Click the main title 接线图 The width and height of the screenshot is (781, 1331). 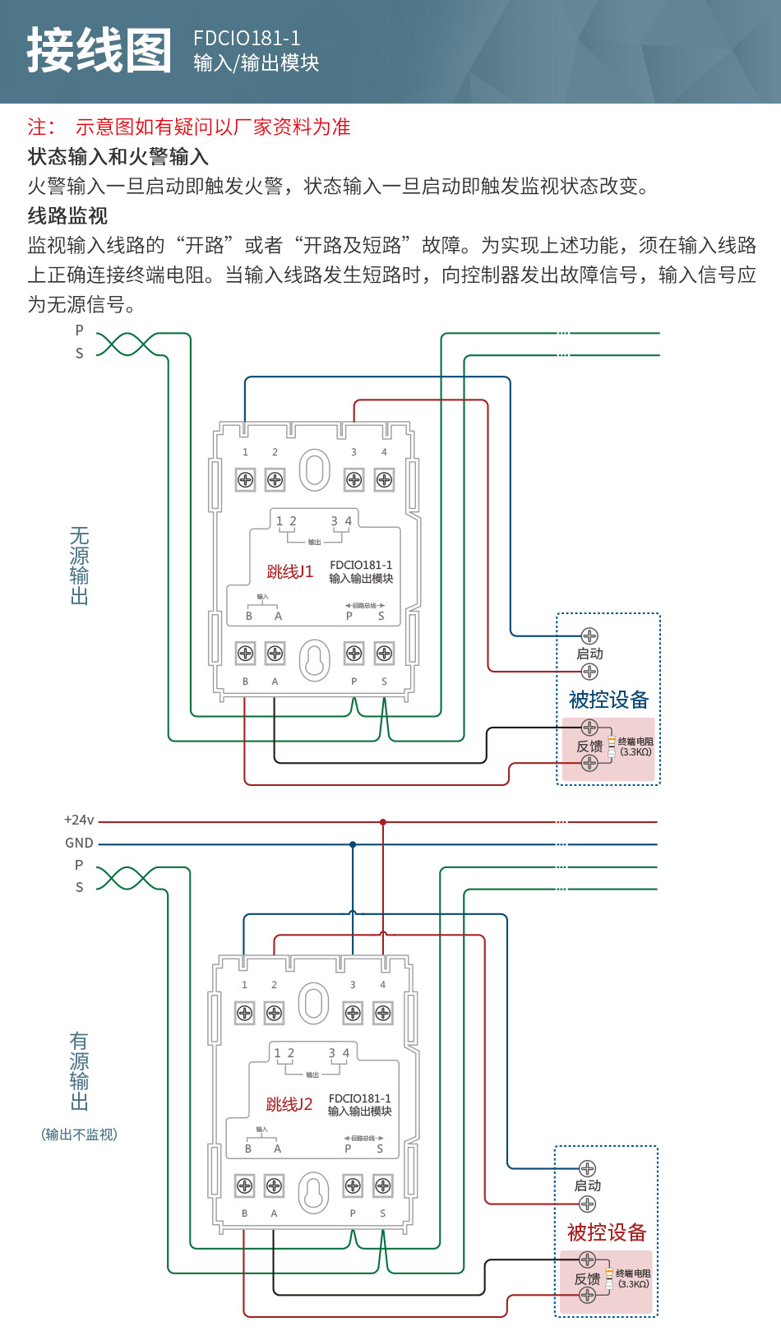click(x=99, y=50)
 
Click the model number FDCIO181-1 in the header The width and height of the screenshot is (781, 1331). click(x=247, y=39)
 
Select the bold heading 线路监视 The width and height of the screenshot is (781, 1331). click(x=67, y=216)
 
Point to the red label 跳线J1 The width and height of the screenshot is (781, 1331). click(x=289, y=572)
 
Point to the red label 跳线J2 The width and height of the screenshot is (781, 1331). click(x=289, y=1105)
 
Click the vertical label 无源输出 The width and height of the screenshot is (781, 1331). click(x=79, y=566)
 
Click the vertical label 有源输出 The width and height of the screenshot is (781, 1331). click(x=79, y=1071)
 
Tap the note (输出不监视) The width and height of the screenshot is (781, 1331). click(x=79, y=1135)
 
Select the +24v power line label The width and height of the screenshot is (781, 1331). click(x=79, y=820)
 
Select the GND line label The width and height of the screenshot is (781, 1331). click(x=79, y=843)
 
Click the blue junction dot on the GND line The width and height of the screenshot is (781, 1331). click(x=353, y=844)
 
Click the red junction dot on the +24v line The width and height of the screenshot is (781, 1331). click(x=383, y=822)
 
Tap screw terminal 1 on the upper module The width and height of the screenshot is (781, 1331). click(x=245, y=479)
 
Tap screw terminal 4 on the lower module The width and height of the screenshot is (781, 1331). click(x=383, y=1013)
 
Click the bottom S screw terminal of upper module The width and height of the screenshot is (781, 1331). click(x=384, y=654)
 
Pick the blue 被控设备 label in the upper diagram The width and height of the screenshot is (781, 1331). click(x=608, y=700)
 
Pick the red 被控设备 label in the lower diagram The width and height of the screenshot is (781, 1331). click(x=607, y=1232)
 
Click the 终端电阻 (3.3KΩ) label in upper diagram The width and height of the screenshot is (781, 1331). click(x=635, y=746)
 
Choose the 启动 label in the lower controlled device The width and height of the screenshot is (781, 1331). click(x=588, y=1186)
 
